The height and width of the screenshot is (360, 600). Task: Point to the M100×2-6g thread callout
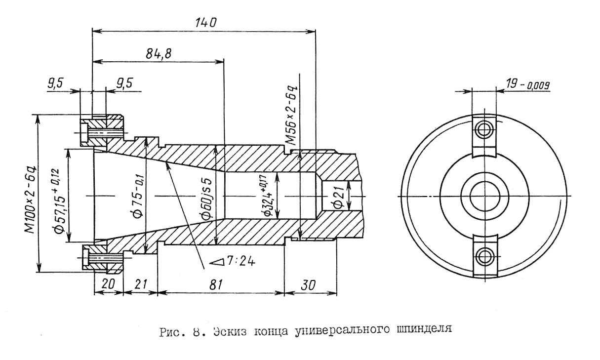click(31, 193)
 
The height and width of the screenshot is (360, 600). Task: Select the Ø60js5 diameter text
click(208, 195)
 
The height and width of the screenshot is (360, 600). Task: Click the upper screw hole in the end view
click(484, 130)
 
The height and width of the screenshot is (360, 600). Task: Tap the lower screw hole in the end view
click(484, 255)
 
